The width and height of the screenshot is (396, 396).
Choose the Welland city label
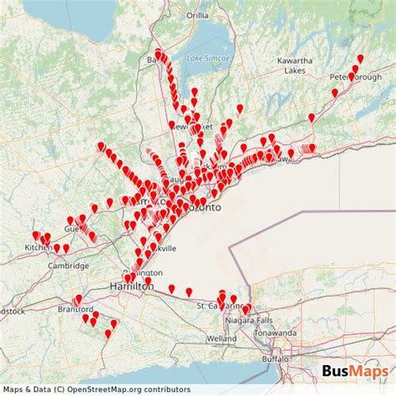pyautogui.click(x=221, y=338)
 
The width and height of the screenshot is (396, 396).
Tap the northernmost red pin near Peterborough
pyautogui.click(x=360, y=59)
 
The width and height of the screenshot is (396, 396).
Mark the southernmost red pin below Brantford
pyautogui.click(x=108, y=335)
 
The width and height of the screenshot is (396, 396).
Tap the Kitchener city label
pyautogui.click(x=38, y=247)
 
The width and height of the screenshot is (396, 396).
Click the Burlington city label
pyautogui.click(x=140, y=273)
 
